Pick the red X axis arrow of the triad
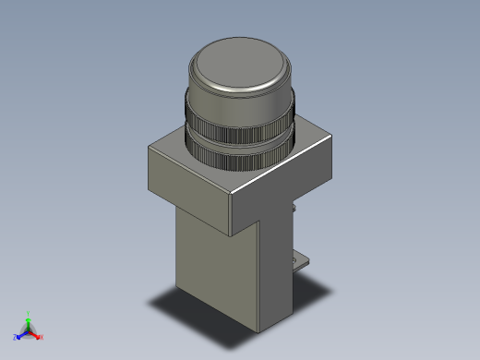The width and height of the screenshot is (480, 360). [x=36, y=333]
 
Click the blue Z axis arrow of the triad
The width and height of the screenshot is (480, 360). [x=20, y=334]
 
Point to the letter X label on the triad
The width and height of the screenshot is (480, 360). [x=42, y=337]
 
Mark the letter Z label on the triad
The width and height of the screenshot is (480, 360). [x=15, y=338]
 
